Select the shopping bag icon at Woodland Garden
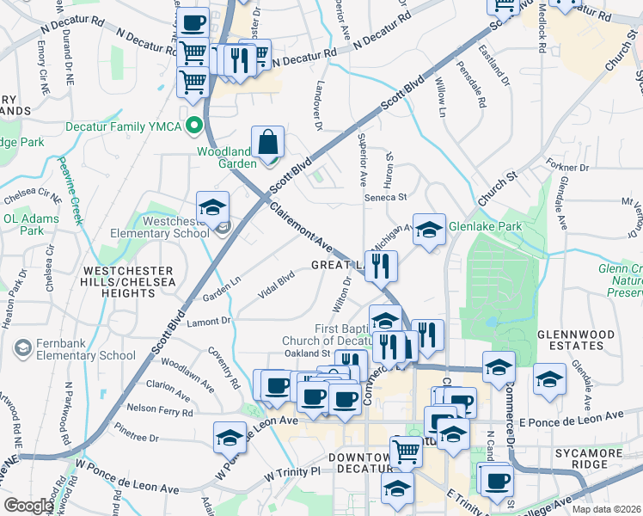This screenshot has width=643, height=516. pos(268,142)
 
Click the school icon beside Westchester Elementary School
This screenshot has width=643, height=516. pos(212,207)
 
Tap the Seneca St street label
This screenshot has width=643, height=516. pos(384,197)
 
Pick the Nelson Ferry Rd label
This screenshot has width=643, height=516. pos(159,412)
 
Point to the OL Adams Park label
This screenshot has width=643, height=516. pos(30,224)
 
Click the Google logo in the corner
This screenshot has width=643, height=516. pos(28,506)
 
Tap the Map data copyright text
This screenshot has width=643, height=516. pos(606,509)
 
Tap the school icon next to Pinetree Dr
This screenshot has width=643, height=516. pos(230,438)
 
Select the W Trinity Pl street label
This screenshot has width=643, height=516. pos(291,472)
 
